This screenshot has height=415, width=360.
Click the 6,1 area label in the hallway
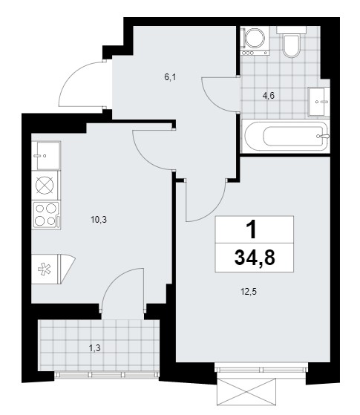click(x=170, y=77)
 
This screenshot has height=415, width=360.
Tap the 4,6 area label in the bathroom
click(x=268, y=96)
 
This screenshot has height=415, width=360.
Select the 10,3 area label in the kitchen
click(x=99, y=220)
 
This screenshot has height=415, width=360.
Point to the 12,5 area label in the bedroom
click(x=249, y=292)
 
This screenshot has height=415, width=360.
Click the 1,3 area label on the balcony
click(x=94, y=348)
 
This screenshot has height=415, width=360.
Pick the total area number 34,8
click(x=255, y=258)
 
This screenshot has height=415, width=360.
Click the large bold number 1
click(x=252, y=229)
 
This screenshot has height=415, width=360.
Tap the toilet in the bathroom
click(x=291, y=42)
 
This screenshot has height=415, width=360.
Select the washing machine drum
click(x=255, y=39)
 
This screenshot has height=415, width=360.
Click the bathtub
click(x=286, y=137)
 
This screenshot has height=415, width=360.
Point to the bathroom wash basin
click(x=319, y=102)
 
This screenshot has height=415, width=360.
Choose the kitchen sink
click(x=46, y=156)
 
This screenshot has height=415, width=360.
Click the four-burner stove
click(x=46, y=215)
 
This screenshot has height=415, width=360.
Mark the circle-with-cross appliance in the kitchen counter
click(x=45, y=185)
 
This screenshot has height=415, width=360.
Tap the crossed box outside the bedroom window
click(x=246, y=393)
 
